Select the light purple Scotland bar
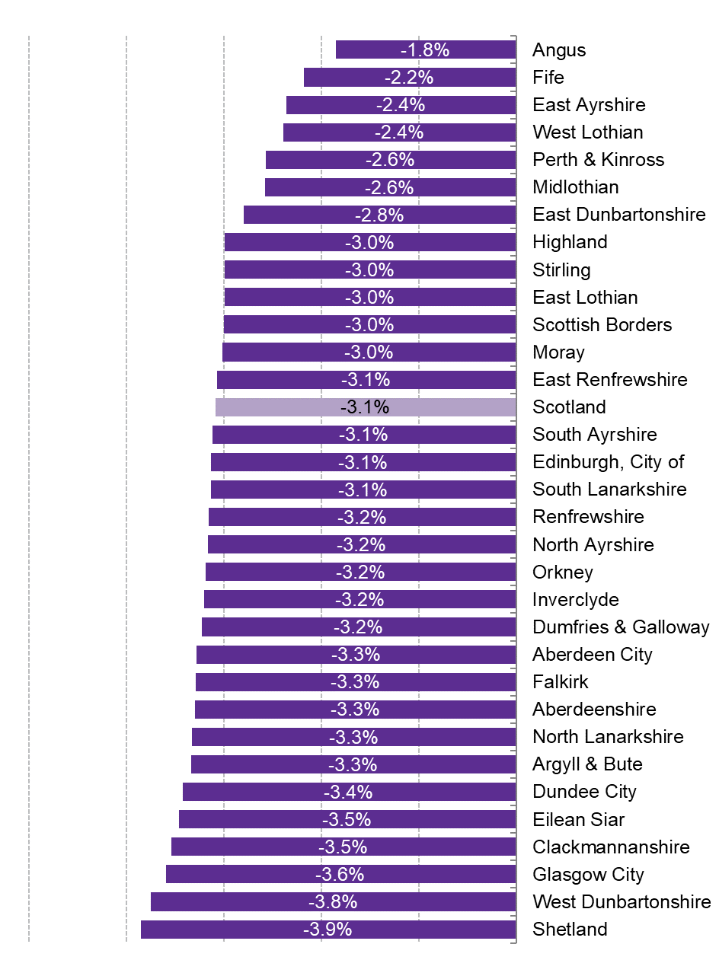click(305, 407)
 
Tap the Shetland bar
click(228, 930)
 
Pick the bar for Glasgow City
click(251, 874)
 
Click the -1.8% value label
click(425, 50)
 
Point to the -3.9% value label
click(328, 930)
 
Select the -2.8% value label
click(379, 215)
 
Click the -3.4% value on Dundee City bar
click(348, 792)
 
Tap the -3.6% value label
click(340, 874)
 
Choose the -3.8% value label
click(333, 902)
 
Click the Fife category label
click(548, 78)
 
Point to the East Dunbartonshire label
click(618, 215)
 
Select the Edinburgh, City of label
click(608, 462)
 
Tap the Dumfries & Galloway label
click(621, 627)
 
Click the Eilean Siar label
click(578, 820)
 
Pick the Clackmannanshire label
click(611, 847)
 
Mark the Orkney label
click(562, 572)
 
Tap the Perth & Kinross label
click(598, 160)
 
